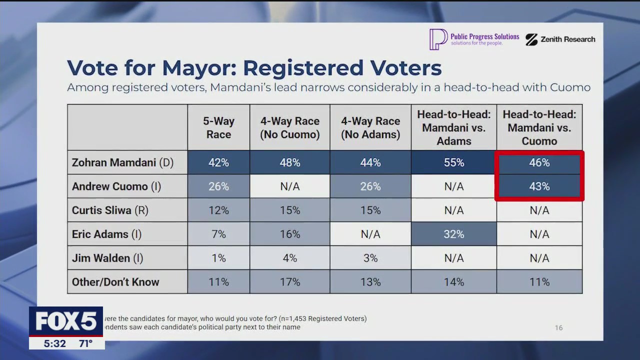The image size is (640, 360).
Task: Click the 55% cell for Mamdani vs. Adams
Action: [x=453, y=162]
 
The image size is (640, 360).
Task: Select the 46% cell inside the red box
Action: [x=539, y=162]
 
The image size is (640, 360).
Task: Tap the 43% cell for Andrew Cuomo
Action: [x=539, y=186]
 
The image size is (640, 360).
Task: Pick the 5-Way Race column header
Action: [x=218, y=127]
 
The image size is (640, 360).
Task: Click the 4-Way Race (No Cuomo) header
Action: [x=289, y=127]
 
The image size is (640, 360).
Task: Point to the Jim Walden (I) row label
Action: [x=107, y=258]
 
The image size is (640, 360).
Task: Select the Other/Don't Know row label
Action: [x=115, y=282]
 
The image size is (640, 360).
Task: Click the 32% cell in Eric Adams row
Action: [x=453, y=234]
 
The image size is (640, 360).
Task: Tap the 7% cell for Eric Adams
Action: [x=218, y=234]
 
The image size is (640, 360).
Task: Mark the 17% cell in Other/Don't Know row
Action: [x=289, y=282]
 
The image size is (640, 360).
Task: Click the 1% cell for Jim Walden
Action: [x=218, y=258]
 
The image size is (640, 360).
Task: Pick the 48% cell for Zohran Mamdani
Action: [x=289, y=162]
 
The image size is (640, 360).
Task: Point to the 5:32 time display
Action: [x=54, y=343]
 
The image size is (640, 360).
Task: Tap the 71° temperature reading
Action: [x=85, y=343]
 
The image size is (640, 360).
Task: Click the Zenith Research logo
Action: [x=560, y=39]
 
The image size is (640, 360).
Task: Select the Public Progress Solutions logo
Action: [x=474, y=39]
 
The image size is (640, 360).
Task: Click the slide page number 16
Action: [x=558, y=327]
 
